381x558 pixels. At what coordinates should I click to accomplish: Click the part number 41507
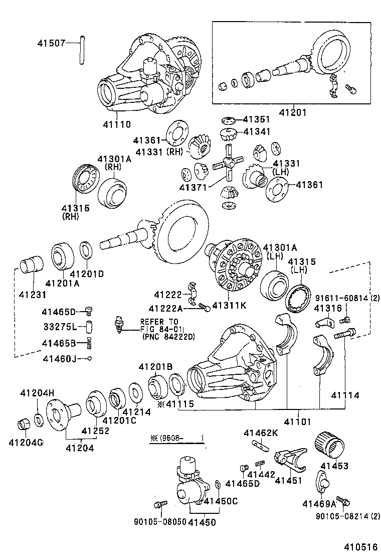tap(51, 43)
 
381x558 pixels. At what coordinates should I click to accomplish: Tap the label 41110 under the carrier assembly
tap(117, 124)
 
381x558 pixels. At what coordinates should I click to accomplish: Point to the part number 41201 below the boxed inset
tap(293, 113)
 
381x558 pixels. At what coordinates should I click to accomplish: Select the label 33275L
tap(59, 327)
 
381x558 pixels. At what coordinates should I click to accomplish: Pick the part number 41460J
tap(59, 358)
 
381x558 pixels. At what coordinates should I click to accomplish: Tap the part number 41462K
tap(260, 433)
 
